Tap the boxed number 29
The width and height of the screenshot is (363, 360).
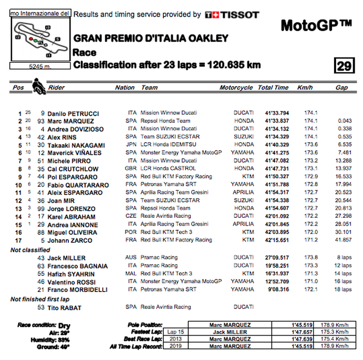[x=343, y=66]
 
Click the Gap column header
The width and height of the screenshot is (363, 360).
[x=341, y=88]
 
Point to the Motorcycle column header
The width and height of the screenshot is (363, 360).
[x=236, y=88]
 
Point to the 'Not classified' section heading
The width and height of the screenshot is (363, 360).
[x=31, y=250]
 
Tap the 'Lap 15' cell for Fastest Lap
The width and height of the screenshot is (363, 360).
[x=169, y=331]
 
